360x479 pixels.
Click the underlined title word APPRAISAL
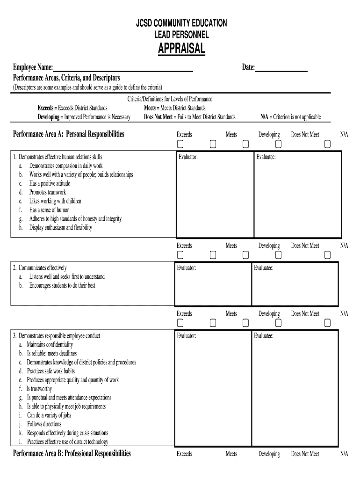181,48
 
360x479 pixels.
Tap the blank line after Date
281,68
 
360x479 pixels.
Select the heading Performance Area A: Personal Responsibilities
69,134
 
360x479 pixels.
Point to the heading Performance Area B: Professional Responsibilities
72,453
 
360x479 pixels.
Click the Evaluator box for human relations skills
214,195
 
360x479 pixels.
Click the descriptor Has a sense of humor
49,210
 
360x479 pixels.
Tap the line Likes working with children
55,201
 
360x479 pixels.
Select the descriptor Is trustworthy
39,389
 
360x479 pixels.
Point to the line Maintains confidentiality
50,345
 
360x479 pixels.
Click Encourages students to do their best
62,285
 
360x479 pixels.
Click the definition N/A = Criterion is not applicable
290,117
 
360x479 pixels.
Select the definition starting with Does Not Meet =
189,117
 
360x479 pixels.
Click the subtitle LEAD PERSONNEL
181,35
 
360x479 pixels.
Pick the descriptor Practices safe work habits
50,371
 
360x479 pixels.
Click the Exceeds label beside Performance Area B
184,454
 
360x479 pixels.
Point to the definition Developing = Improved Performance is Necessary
84,117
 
